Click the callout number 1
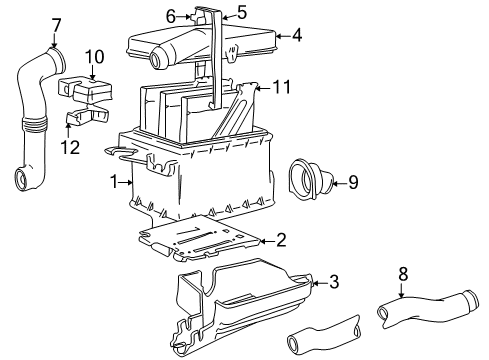coord(116,182)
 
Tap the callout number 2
coord(281,240)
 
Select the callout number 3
coord(334,282)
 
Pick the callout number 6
coord(170,16)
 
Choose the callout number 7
coord(56,23)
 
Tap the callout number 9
coord(352,182)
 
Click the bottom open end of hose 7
coord(23,180)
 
